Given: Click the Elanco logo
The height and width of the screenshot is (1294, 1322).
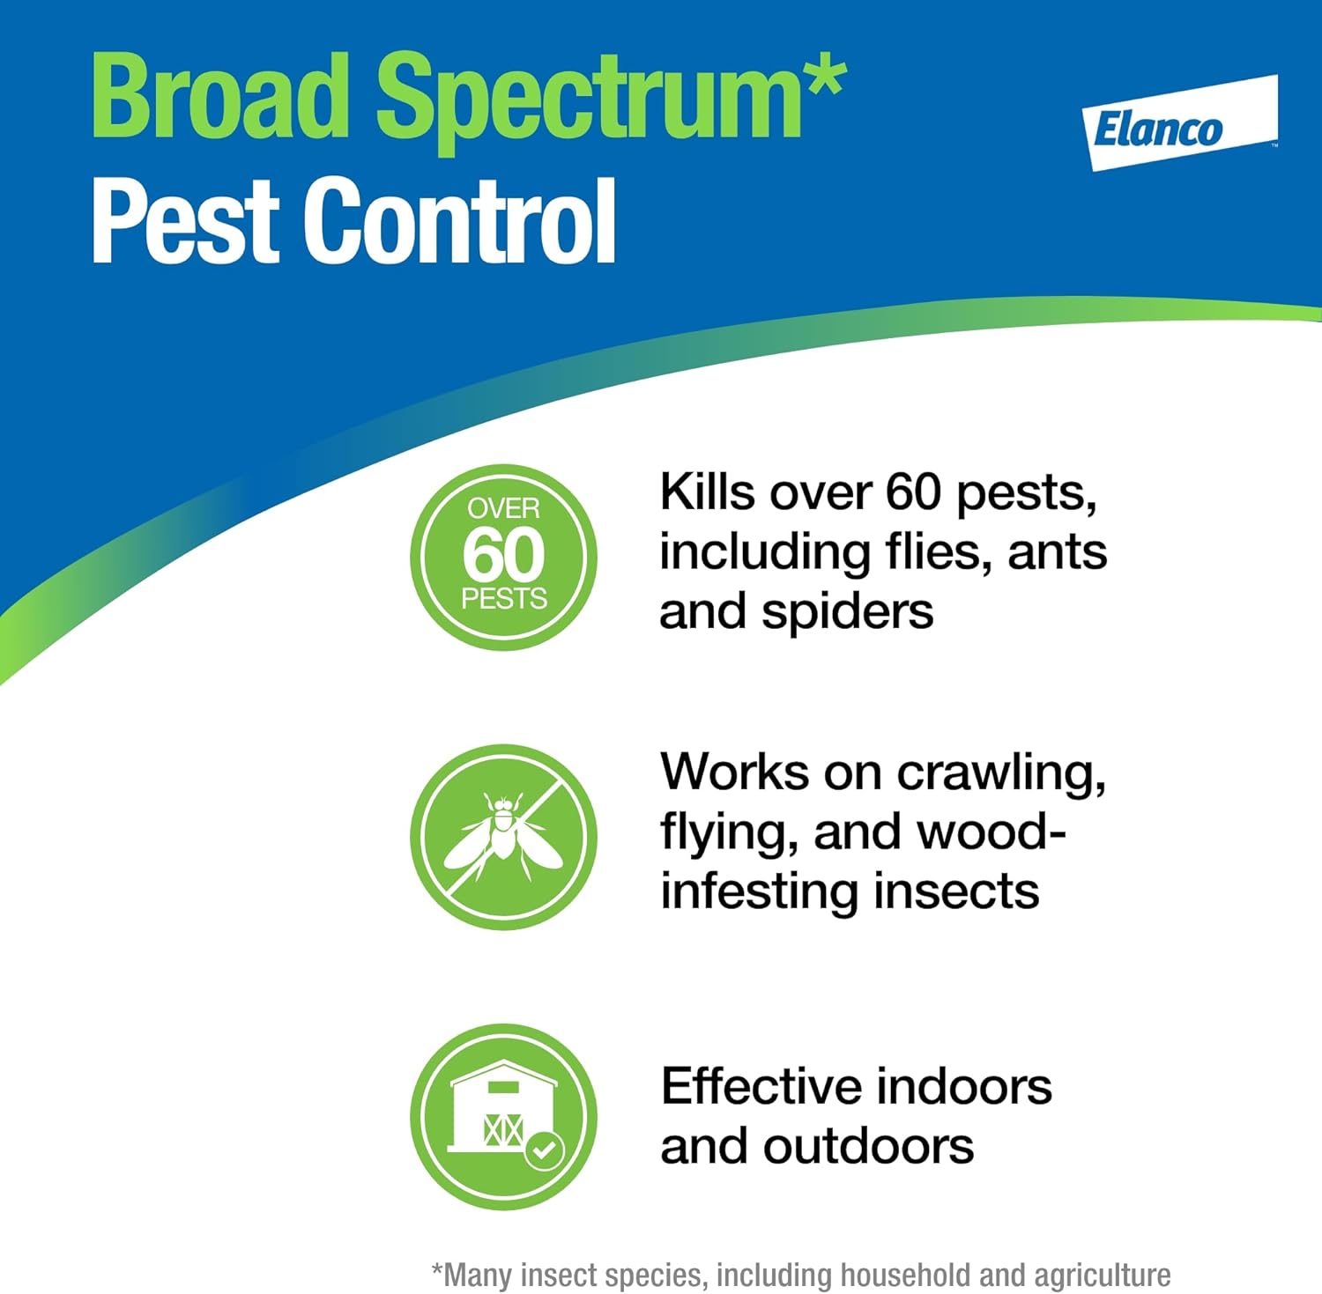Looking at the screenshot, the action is tap(1180, 122).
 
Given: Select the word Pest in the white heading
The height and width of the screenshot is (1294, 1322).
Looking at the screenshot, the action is tap(185, 219).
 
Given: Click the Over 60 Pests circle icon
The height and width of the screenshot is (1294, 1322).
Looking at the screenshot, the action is tap(503, 557).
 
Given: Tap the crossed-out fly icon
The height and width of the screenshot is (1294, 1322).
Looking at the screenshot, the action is tap(503, 837).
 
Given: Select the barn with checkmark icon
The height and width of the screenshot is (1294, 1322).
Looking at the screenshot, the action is tap(503, 1116).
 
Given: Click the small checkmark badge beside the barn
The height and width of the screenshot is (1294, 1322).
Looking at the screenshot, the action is tap(545, 1149).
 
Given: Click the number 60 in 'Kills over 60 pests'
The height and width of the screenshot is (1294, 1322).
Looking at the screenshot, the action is tap(914, 492).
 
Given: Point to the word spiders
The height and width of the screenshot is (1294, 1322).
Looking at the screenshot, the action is tap(847, 612).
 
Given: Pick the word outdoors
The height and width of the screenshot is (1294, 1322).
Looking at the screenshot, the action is tap(869, 1147).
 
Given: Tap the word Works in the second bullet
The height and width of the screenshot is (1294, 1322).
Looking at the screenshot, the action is tap(734, 772).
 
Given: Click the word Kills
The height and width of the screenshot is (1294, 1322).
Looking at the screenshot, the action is tap(708, 492).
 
